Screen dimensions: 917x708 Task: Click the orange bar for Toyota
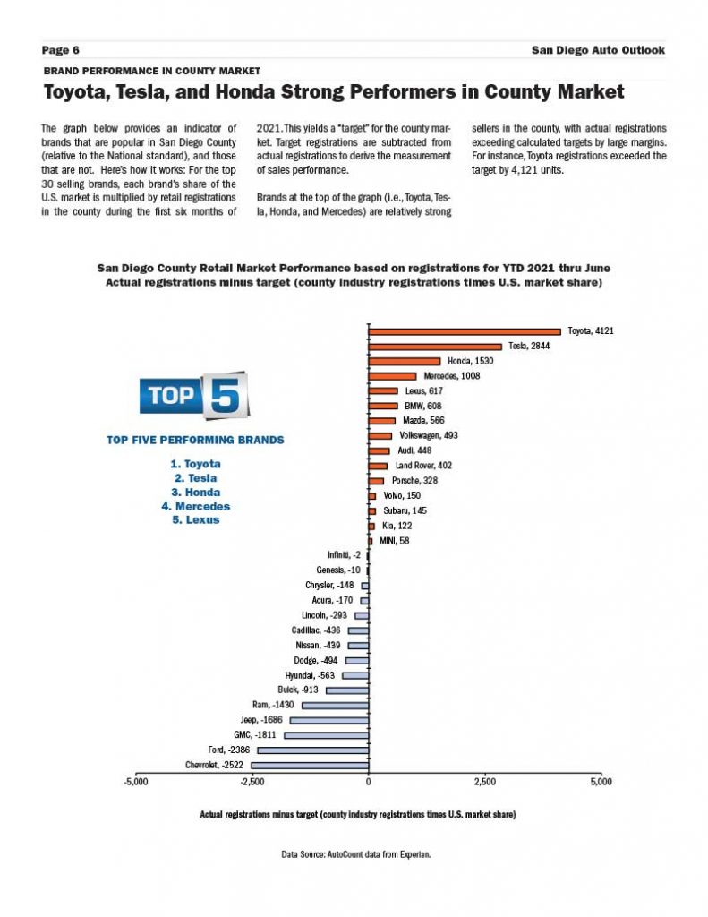(x=465, y=331)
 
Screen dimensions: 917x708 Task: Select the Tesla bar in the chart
(x=435, y=346)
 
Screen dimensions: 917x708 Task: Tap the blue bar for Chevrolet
(x=310, y=765)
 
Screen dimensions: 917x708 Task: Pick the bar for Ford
(x=312, y=750)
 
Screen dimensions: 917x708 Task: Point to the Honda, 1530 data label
(x=471, y=361)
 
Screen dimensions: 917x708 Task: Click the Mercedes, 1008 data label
(x=452, y=376)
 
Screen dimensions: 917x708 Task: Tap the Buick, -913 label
(x=298, y=690)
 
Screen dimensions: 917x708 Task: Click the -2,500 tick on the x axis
(x=252, y=781)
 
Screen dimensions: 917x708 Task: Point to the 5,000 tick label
(x=601, y=781)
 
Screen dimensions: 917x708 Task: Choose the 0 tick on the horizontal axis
(x=369, y=781)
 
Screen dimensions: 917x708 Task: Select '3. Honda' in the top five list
(x=195, y=492)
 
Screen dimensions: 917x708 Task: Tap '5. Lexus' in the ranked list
(x=195, y=519)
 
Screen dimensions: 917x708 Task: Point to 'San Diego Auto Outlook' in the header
(x=598, y=50)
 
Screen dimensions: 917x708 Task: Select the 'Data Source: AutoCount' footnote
(x=356, y=855)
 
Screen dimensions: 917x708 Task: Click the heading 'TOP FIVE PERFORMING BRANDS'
(x=195, y=440)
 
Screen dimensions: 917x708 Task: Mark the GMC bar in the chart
(x=326, y=735)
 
